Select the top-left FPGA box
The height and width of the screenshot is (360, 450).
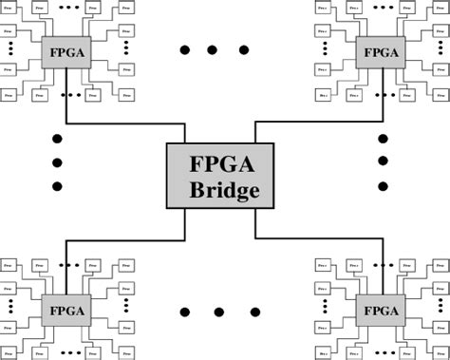[65, 50]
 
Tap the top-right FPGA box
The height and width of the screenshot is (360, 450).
[380, 50]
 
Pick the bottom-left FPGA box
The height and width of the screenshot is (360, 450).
[65, 310]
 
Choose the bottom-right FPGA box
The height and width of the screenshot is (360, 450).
[380, 310]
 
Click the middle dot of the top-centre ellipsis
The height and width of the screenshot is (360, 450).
[213, 49]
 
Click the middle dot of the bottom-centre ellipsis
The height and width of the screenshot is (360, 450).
[218, 311]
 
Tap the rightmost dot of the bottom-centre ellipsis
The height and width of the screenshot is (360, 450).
[253, 311]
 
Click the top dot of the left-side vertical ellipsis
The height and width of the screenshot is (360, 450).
[57, 139]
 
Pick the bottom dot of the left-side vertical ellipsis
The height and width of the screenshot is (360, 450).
[57, 186]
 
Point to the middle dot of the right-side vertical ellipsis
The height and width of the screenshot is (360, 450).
[383, 162]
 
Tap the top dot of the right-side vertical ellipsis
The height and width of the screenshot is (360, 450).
[383, 139]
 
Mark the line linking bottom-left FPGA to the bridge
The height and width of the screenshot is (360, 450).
[123, 239]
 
